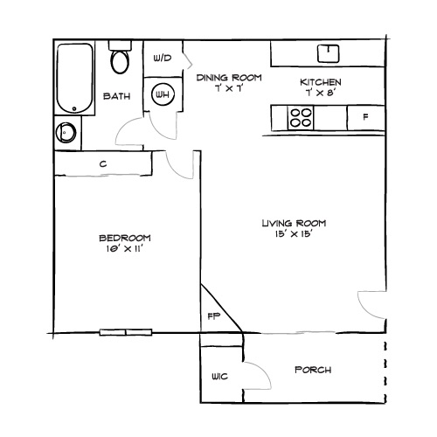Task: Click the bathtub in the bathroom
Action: [x=74, y=78]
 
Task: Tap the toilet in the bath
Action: [x=120, y=61]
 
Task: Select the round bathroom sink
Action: [x=66, y=134]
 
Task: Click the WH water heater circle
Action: [x=163, y=94]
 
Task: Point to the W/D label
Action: [x=162, y=59]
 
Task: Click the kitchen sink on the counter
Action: [x=329, y=52]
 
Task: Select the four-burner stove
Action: [x=302, y=116]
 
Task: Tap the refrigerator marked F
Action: [x=365, y=116]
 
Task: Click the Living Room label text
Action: [x=288, y=228]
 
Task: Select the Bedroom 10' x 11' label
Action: [x=124, y=243]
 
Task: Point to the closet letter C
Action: [x=103, y=163]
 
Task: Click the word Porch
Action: [x=313, y=370]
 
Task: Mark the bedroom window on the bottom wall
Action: [x=125, y=333]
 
